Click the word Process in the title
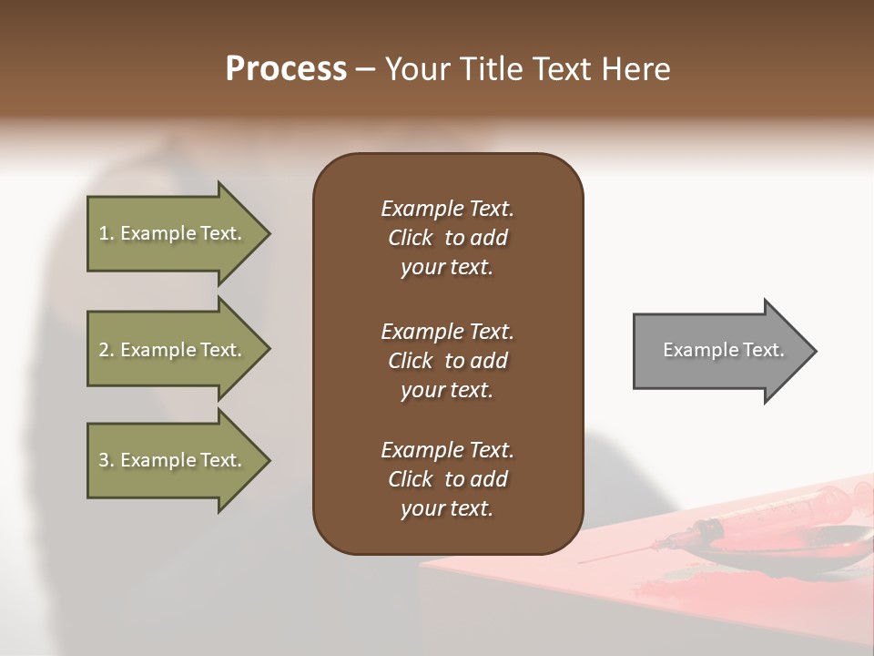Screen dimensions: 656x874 click(286, 69)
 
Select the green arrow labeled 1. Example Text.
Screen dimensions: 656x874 click(173, 233)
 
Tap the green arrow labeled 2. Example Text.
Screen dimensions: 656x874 click(173, 350)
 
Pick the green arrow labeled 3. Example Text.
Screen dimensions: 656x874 click(173, 460)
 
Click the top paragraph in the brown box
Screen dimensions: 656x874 click(447, 238)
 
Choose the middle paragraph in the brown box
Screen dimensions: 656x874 click(447, 361)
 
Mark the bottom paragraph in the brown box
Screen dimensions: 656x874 click(447, 479)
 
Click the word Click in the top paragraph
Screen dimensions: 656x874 click(410, 238)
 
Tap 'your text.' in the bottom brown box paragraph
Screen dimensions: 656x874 click(447, 508)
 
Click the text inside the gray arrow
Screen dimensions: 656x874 click(724, 350)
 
